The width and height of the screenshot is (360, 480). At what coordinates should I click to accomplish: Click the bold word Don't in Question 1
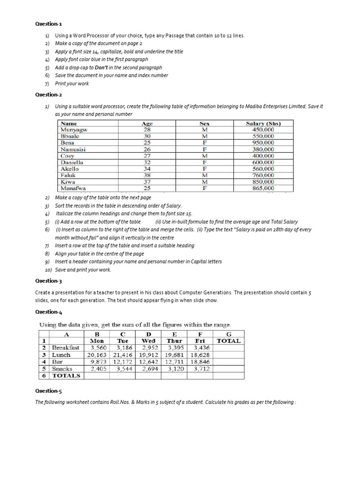pyautogui.click(x=102, y=67)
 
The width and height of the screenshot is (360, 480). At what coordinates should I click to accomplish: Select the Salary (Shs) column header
pyautogui.click(x=263, y=123)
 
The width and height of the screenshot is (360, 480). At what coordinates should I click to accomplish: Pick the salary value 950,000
pyautogui.click(x=263, y=142)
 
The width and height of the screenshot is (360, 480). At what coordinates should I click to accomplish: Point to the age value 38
pyautogui.click(x=147, y=175)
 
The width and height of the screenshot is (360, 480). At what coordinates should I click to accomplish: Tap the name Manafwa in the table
pyautogui.click(x=74, y=188)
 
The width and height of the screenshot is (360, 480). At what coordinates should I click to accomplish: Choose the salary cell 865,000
pyautogui.click(x=263, y=188)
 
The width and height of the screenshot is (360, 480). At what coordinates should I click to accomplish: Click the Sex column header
pyautogui.click(x=204, y=123)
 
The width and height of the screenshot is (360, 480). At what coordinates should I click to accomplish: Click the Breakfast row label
pyautogui.click(x=66, y=348)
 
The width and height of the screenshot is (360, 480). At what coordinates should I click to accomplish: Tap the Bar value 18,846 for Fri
pyautogui.click(x=200, y=362)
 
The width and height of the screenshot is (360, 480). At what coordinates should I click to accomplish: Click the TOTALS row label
pyautogui.click(x=66, y=376)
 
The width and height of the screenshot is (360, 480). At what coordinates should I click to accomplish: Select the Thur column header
pyautogui.click(x=175, y=341)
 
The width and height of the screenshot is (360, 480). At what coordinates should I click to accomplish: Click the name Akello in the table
pyautogui.click(x=70, y=169)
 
